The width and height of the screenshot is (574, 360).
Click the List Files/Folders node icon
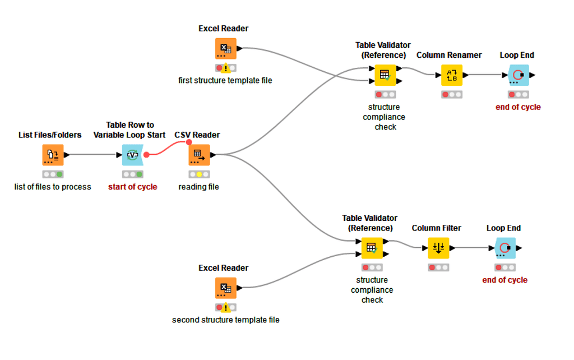(53, 155)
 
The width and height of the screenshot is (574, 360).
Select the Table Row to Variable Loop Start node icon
(132, 155)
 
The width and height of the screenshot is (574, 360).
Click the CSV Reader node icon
(198, 155)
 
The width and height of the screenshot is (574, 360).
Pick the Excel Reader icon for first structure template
(225, 48)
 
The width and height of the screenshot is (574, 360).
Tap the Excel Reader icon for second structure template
(225, 288)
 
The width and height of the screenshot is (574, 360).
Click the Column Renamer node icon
(451, 75)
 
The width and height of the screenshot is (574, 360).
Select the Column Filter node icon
(438, 248)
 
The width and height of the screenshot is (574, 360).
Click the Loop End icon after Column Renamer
(518, 75)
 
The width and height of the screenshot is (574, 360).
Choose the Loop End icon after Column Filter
(504, 248)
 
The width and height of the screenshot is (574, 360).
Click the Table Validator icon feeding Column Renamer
(385, 75)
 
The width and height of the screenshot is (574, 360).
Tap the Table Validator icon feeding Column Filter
(371, 248)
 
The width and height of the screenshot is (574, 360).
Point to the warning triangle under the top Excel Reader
(225, 68)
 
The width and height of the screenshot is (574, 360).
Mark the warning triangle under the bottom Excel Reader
(225, 308)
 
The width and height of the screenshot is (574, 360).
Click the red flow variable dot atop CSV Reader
(189, 142)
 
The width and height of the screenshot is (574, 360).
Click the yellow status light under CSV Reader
(199, 174)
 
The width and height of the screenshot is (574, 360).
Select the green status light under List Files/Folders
(59, 174)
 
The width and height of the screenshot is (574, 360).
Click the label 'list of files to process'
(53, 187)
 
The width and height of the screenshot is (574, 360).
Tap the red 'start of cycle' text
(132, 187)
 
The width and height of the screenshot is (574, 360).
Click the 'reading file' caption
(198, 187)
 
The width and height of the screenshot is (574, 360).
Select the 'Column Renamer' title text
(449, 55)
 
